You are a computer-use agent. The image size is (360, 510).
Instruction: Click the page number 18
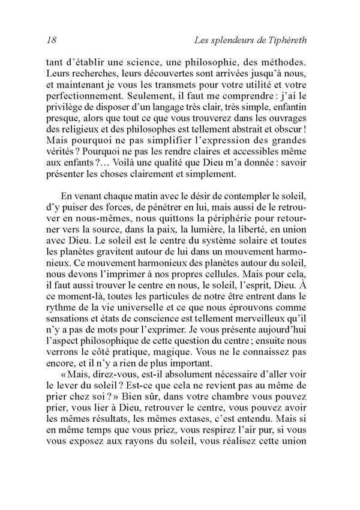[x=50, y=41]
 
